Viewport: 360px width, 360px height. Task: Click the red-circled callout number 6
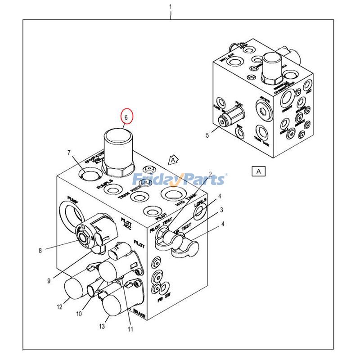click(126, 117)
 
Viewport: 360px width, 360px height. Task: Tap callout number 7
click(69, 153)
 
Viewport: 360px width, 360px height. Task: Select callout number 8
click(40, 251)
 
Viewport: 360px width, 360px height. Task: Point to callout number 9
click(49, 281)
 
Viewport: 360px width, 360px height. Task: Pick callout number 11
click(130, 329)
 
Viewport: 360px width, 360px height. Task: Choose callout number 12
click(59, 307)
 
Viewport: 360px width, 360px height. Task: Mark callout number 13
click(102, 326)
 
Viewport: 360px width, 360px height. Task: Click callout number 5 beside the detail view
click(207, 135)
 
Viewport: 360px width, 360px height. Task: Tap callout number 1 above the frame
click(171, 7)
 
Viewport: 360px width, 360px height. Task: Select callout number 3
click(221, 210)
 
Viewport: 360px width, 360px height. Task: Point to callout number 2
click(210, 175)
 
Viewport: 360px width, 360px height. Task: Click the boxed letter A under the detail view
click(258, 171)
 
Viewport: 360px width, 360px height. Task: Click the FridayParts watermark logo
click(179, 180)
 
